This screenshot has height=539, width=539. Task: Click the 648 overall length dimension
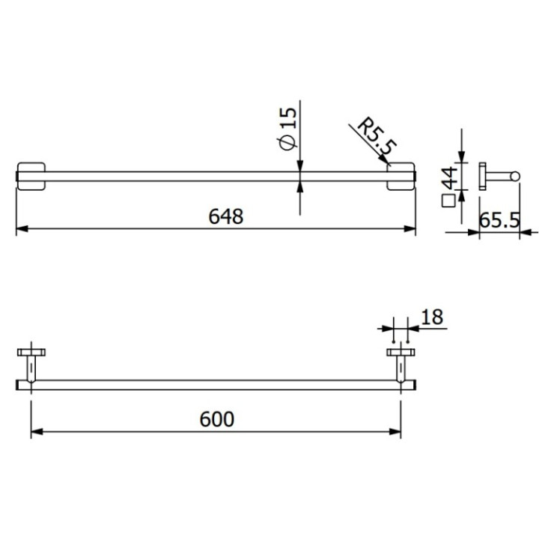coord(225,216)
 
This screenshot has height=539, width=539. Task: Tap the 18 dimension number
coord(432,317)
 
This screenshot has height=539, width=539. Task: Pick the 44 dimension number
coord(448,179)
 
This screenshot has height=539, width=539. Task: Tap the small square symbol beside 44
coord(448,201)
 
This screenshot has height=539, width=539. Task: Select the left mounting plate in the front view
coord(31,177)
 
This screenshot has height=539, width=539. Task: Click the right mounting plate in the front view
coord(401,177)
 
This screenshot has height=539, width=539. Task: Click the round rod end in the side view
coord(514,177)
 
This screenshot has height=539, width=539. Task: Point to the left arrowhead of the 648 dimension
coord(21,229)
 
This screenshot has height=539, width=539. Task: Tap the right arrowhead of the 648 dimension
coord(410,229)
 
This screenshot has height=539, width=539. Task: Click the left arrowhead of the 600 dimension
coord(36,431)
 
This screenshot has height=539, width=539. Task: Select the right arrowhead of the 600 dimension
coord(396,431)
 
